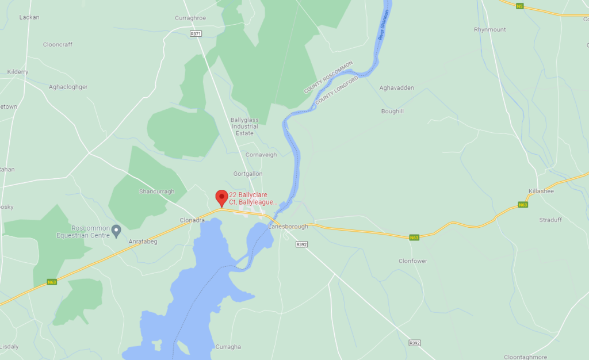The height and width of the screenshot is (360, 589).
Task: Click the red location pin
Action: pyautogui.click(x=221, y=197)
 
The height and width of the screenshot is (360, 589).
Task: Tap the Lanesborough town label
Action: pyautogui.click(x=288, y=227)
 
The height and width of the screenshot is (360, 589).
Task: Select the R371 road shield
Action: pyautogui.click(x=196, y=34)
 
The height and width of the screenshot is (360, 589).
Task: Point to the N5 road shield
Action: pyautogui.click(x=520, y=6)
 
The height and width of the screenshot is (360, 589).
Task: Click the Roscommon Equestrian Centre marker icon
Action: pyautogui.click(x=116, y=231)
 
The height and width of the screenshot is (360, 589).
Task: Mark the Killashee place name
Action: pyautogui.click(x=541, y=191)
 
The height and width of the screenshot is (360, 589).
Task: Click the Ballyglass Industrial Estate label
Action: pyautogui.click(x=244, y=127)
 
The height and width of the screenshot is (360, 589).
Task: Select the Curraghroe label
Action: pyautogui.click(x=190, y=18)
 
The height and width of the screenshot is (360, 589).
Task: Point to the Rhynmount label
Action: pyautogui.click(x=489, y=29)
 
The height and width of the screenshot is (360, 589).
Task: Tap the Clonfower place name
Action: pyautogui.click(x=413, y=261)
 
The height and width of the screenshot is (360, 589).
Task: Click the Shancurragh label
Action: pyautogui.click(x=156, y=192)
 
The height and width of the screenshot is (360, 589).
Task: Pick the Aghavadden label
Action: pyautogui.click(x=396, y=88)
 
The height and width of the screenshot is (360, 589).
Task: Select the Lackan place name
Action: pyautogui.click(x=29, y=17)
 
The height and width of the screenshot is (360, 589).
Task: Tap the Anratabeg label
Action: pyautogui.click(x=143, y=242)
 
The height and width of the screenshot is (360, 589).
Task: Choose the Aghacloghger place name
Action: pyautogui.click(x=68, y=87)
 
